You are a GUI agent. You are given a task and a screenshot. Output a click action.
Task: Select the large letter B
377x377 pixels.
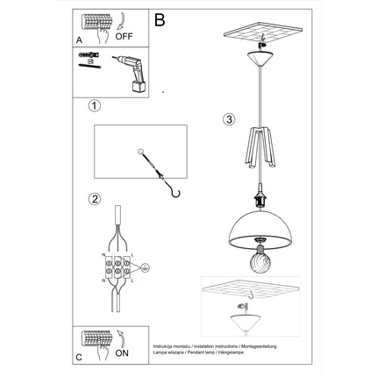pyautogui.click(x=159, y=18)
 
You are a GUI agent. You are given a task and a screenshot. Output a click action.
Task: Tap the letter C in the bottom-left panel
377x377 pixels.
pyautogui.click(x=80, y=358)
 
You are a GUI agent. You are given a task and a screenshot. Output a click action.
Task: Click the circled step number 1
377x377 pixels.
pyautogui.click(x=95, y=107)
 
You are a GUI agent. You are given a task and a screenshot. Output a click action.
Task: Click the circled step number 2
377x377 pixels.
pyautogui.click(x=95, y=197)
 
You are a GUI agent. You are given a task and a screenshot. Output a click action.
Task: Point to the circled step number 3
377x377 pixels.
pyautogui.click(x=227, y=119)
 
